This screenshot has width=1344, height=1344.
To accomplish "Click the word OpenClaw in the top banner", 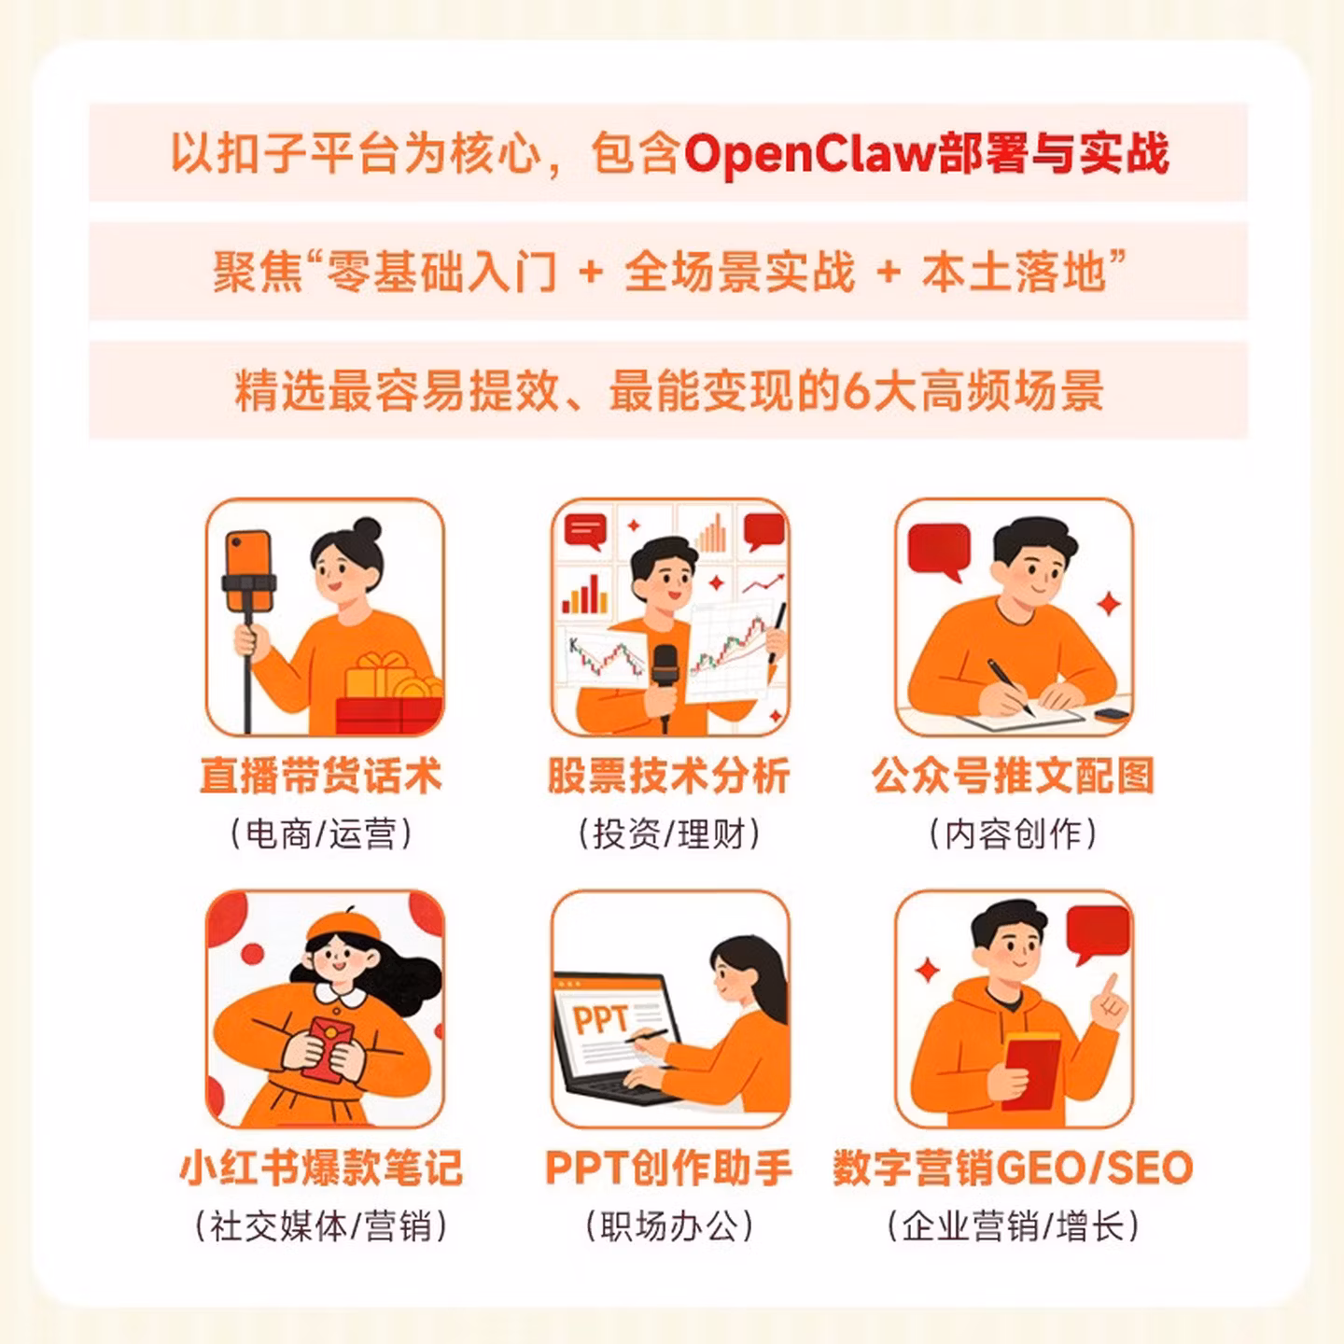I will click(808, 154).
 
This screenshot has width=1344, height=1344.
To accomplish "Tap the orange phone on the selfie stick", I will click(248, 570).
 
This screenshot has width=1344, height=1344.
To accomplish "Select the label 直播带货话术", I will click(320, 776).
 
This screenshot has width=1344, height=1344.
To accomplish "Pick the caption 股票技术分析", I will click(668, 776).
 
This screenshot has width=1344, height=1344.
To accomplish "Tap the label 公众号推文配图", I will click(1014, 776).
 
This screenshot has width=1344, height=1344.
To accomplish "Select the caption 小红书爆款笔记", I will click(321, 1169).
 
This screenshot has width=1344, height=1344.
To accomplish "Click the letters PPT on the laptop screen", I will click(600, 1017).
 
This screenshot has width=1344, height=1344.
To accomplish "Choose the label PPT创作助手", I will click(668, 1169).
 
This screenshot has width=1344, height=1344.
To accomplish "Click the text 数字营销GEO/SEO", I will click(1013, 1169).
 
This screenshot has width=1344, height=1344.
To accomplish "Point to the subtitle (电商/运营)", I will click(320, 833).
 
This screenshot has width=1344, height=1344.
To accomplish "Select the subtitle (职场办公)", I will click(668, 1225).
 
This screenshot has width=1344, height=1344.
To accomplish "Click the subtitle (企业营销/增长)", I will click(1013, 1225).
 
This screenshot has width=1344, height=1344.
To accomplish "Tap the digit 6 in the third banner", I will click(856, 391).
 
